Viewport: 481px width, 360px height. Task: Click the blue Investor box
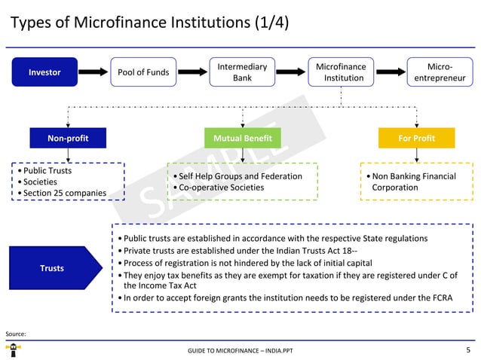(44, 72)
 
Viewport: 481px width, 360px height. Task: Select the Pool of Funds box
(143, 72)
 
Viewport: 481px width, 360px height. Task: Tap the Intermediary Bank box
(242, 72)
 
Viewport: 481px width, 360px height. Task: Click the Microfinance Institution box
(341, 72)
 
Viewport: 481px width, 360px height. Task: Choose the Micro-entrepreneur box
(440, 72)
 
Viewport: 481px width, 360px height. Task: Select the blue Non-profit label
(68, 139)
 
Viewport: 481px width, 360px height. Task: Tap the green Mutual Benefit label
(242, 139)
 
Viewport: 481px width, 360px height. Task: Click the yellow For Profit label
(416, 139)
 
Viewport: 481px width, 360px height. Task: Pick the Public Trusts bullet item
(47, 170)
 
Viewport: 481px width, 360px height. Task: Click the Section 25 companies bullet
(64, 194)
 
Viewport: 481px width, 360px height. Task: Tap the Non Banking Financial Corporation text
(413, 182)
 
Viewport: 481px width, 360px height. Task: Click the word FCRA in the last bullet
(441, 297)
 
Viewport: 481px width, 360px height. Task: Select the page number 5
(468, 350)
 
